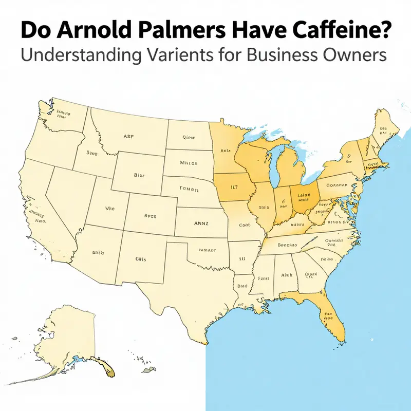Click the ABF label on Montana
coord(129,137)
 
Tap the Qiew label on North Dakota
coord(189,138)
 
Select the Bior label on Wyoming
coord(139,175)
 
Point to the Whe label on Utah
coord(110,209)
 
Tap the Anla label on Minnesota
coord(225,151)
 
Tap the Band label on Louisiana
coord(242,284)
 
